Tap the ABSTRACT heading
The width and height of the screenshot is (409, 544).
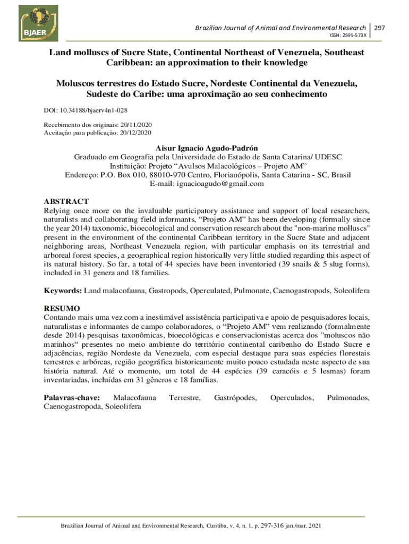pyautogui.click(x=66, y=202)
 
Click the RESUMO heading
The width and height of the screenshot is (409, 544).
pyautogui.click(x=62, y=308)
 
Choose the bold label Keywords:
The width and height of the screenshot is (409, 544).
pyautogui.click(x=62, y=292)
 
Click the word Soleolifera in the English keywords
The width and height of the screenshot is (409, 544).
pyautogui.click(x=352, y=292)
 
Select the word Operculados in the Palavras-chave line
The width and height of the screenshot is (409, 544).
pyautogui.click(x=292, y=397)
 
